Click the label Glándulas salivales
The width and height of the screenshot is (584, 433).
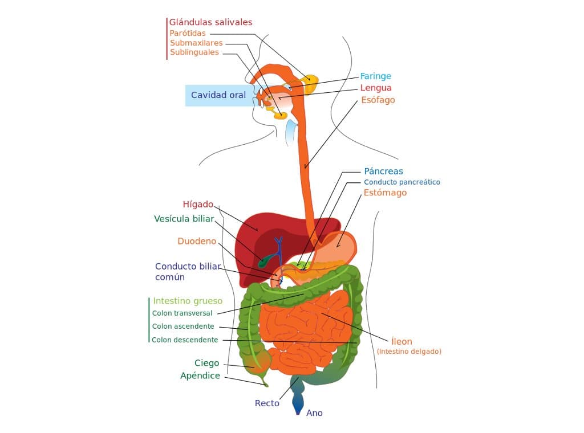pyautogui.click(x=210, y=22)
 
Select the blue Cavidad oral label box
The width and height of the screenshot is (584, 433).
pyautogui.click(x=218, y=95)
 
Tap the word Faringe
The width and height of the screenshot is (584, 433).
pyautogui.click(x=375, y=76)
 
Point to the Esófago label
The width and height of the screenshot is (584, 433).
pyautogui.click(x=378, y=100)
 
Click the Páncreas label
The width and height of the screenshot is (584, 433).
pyautogui.click(x=383, y=171)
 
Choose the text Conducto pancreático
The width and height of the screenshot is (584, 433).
pyautogui.click(x=402, y=182)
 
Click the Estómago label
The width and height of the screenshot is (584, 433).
pyautogui.click(x=385, y=193)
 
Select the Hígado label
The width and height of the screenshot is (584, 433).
pyautogui.click(x=197, y=204)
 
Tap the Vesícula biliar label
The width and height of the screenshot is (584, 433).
pyautogui.click(x=184, y=219)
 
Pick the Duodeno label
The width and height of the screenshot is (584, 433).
pyautogui.click(x=197, y=241)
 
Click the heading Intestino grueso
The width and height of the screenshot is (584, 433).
pyautogui.click(x=188, y=301)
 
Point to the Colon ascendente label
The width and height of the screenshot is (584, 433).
pyautogui.click(x=183, y=326)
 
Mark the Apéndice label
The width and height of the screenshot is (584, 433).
pyautogui.click(x=200, y=375)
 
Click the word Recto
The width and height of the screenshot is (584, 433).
pyautogui.click(x=267, y=403)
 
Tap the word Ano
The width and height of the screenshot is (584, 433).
pyautogui.click(x=314, y=413)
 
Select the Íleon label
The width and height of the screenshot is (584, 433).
pyautogui.click(x=401, y=341)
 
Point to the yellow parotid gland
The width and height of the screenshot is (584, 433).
pyautogui.click(x=311, y=83)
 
